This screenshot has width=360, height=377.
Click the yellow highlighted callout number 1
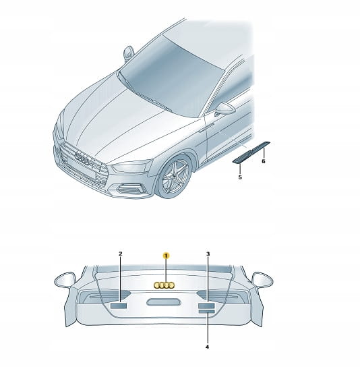(166, 256)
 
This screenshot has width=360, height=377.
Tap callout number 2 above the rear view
(121, 254)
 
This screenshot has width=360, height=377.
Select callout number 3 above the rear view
(208, 254)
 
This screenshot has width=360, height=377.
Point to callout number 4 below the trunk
(207, 347)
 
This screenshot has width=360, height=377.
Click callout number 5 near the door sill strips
(240, 177)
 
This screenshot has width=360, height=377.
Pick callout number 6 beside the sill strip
(264, 161)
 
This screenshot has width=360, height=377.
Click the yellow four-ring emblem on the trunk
(164, 285)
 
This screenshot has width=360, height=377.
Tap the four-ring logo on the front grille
(82, 158)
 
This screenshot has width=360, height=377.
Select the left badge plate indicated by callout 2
(119, 306)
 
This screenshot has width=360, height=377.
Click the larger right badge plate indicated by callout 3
(206, 306)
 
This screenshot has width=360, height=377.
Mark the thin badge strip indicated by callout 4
(206, 312)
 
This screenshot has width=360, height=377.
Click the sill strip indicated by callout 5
(242, 157)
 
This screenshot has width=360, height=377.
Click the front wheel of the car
(174, 177)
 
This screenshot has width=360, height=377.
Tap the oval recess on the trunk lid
(164, 302)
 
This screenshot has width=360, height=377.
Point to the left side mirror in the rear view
(65, 280)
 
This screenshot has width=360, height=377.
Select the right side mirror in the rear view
(262, 280)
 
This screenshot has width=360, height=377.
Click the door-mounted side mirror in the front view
(225, 109)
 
